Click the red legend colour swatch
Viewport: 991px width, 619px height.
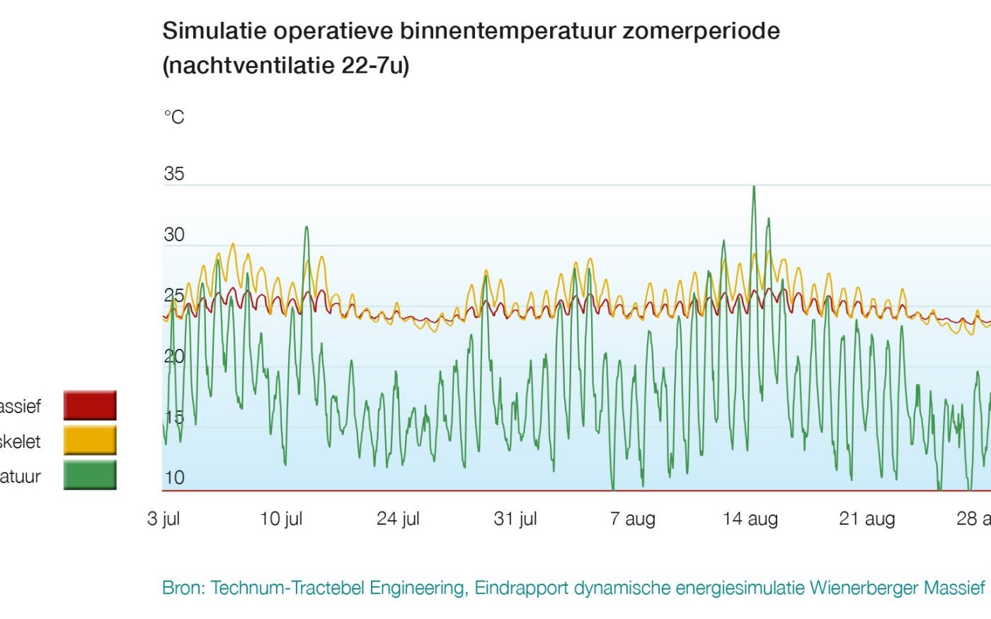(90, 405)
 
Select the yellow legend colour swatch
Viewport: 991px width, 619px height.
(90, 440)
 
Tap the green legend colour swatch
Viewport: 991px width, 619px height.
(90, 475)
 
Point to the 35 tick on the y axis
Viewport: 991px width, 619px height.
(174, 174)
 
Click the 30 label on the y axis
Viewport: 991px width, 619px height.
(174, 235)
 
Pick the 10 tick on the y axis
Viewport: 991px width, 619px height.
(174, 478)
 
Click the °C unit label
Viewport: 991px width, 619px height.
(174, 117)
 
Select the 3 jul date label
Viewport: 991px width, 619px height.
(164, 519)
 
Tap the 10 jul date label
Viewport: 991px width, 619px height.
(281, 519)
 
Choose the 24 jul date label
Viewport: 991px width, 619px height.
(398, 519)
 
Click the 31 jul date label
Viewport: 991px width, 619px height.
(515, 519)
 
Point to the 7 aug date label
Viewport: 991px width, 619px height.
(633, 519)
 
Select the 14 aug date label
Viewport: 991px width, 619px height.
(750, 519)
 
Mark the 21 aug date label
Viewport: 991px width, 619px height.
(867, 519)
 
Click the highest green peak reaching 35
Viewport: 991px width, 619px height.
(754, 187)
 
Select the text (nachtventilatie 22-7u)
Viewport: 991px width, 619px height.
(286, 66)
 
